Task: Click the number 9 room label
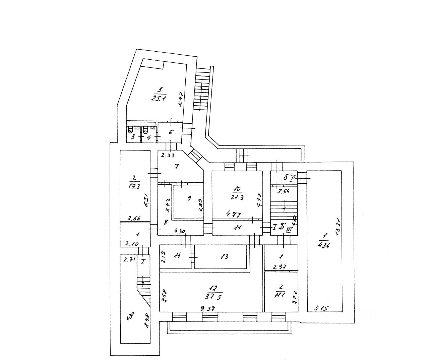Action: click(x=189, y=198)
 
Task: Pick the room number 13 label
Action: click(x=225, y=256)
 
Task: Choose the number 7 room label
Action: click(x=177, y=166)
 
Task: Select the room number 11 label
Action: click(x=238, y=228)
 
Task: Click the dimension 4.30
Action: click(x=180, y=231)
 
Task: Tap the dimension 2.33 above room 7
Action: click(x=168, y=155)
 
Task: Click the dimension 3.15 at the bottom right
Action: click(x=321, y=308)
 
